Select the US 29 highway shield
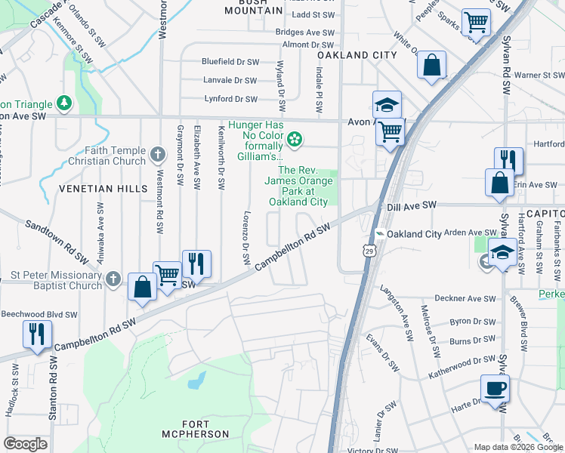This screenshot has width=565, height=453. [x=367, y=248]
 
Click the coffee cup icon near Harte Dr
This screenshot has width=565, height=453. [x=495, y=389]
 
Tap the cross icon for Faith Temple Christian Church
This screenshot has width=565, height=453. [x=158, y=155]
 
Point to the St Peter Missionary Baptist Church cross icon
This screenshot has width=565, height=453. [x=113, y=279]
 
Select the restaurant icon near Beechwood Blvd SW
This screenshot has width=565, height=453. [x=37, y=333]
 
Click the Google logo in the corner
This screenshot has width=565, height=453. [x=25, y=444]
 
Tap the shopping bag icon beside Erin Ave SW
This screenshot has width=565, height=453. [x=499, y=183]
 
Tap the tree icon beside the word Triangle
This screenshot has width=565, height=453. [x=65, y=103]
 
